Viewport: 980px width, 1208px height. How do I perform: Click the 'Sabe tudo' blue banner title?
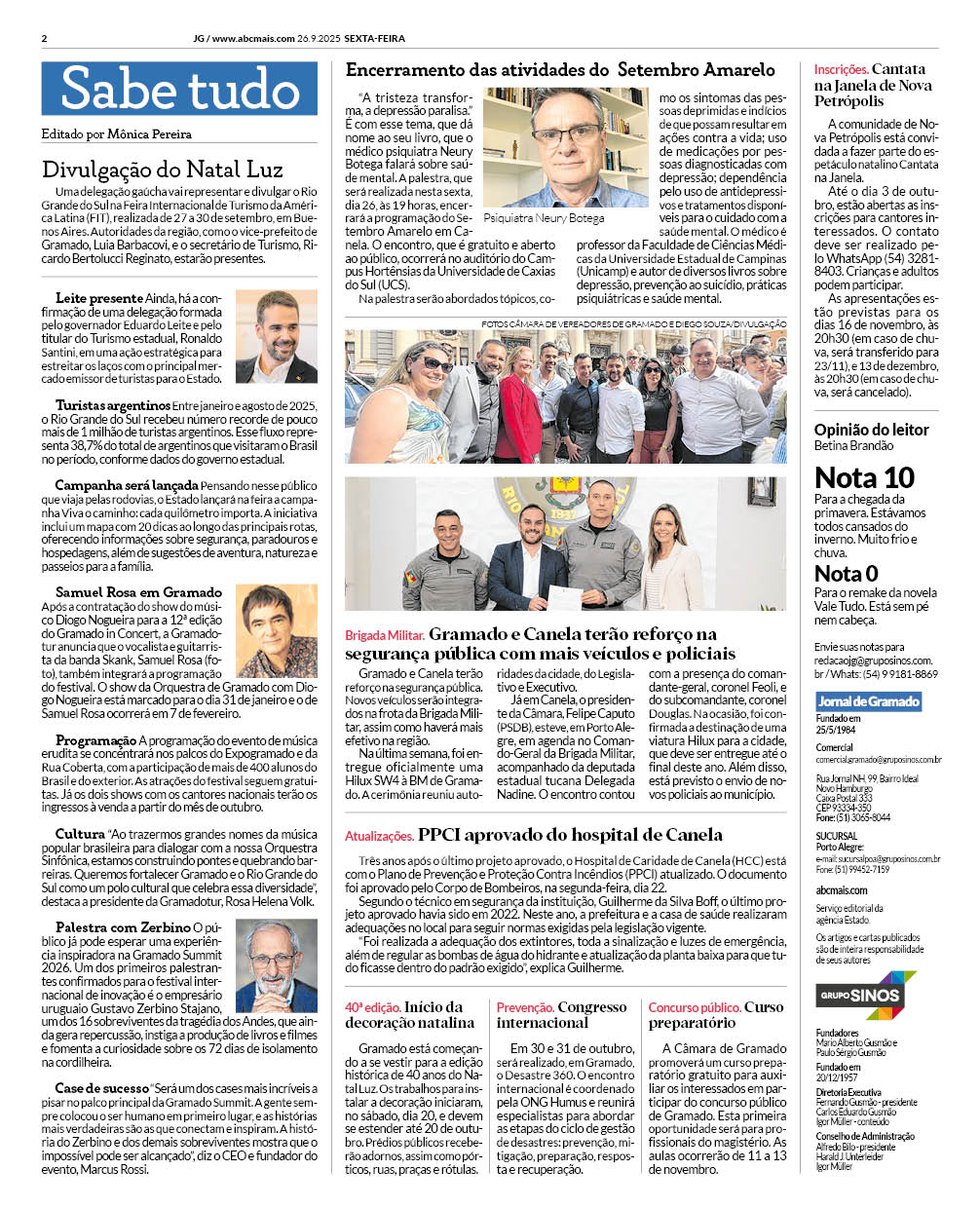(x=179, y=89)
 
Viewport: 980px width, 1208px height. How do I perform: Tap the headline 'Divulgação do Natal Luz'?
(x=162, y=170)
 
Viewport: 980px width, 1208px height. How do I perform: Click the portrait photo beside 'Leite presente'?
(x=276, y=336)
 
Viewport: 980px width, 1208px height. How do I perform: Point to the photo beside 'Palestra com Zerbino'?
(x=276, y=966)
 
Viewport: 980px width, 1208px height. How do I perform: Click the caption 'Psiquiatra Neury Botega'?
(x=544, y=218)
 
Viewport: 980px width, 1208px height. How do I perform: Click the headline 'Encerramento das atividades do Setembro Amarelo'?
(x=560, y=70)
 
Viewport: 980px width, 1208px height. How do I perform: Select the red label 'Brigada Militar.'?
(x=384, y=635)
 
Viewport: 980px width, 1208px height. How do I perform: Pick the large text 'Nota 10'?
(x=864, y=477)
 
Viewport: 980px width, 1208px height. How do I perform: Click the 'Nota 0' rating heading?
(x=846, y=574)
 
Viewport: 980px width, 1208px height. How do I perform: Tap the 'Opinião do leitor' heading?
(x=871, y=430)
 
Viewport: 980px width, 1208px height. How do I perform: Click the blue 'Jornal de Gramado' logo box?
(x=868, y=701)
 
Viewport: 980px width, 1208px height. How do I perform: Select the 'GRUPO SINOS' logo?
(x=865, y=996)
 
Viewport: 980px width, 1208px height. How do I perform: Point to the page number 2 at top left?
(x=45, y=39)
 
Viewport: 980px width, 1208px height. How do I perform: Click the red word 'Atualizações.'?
(x=379, y=836)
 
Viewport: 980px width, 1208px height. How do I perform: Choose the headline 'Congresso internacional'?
(x=561, y=1015)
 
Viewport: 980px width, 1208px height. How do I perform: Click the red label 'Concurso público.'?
(x=695, y=1007)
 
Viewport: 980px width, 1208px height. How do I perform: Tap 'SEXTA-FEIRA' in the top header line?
(x=374, y=39)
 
